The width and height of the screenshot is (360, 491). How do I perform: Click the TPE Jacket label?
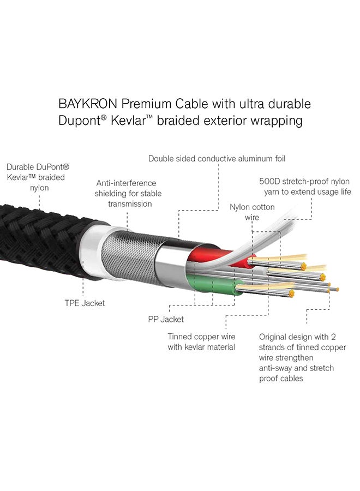85,303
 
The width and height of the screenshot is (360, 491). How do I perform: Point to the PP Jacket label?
166,319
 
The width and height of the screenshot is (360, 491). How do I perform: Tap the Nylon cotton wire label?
252,212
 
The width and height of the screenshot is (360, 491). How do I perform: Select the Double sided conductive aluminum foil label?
217,159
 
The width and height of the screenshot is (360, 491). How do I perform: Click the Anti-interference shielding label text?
128,193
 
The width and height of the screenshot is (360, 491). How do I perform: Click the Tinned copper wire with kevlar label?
201,342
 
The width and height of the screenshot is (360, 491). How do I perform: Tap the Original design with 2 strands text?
302,358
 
